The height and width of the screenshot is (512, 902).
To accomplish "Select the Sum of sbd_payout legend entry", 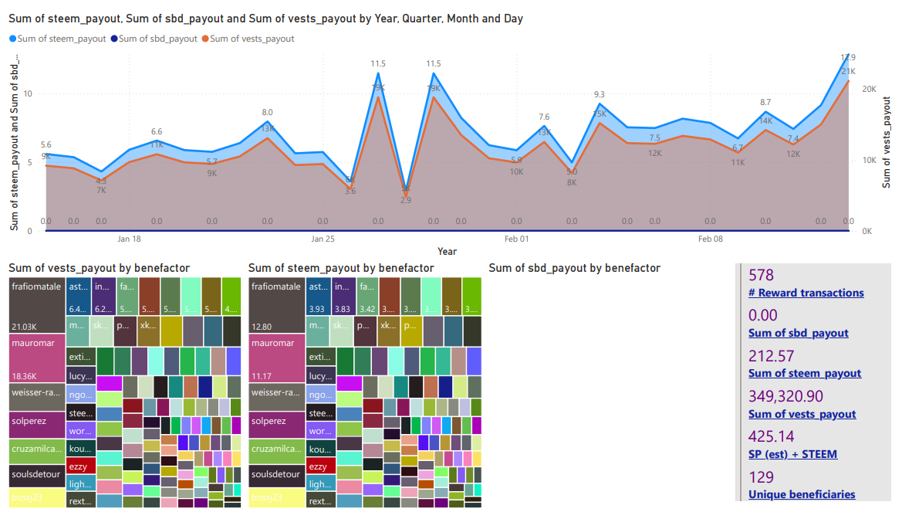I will point(158,39).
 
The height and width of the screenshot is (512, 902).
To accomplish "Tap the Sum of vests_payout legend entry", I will point(252,39).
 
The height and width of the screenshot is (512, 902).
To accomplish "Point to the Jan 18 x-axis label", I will point(129,239).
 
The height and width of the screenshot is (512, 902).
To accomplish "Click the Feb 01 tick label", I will point(517,239).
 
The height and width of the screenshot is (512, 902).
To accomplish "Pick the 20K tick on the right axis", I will point(869,90).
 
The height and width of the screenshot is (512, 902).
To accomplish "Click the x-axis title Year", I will point(447,252).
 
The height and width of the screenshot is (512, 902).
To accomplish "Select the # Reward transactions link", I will point(806,293).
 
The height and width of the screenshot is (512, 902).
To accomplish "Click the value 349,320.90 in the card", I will point(785,396).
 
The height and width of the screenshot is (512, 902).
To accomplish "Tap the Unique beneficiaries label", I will point(802,494).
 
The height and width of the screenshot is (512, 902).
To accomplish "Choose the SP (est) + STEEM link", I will point(792,454).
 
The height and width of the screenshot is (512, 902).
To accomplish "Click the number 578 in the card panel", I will point(761,276).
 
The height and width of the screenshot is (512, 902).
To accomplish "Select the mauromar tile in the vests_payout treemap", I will point(36,358).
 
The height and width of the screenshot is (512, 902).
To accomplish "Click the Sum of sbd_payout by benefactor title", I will point(574,268).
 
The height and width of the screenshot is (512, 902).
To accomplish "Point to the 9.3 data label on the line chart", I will point(600,95).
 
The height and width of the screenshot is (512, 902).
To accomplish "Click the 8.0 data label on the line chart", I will point(267,113).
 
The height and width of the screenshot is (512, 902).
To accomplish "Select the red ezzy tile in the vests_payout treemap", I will point(81,466).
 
